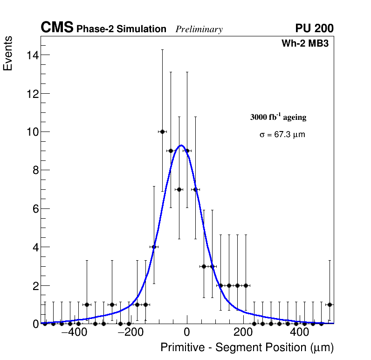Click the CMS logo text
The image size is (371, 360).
57,28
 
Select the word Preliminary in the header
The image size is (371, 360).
199,29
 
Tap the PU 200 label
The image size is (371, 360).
314,28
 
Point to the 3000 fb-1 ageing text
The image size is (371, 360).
278,117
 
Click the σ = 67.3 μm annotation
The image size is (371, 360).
282,135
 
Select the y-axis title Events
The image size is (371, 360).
8,53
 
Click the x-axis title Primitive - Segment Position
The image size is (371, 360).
247,348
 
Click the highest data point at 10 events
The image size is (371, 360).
162,132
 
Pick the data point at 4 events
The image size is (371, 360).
154,247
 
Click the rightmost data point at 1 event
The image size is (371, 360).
330,305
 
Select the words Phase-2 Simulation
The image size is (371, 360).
121,29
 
